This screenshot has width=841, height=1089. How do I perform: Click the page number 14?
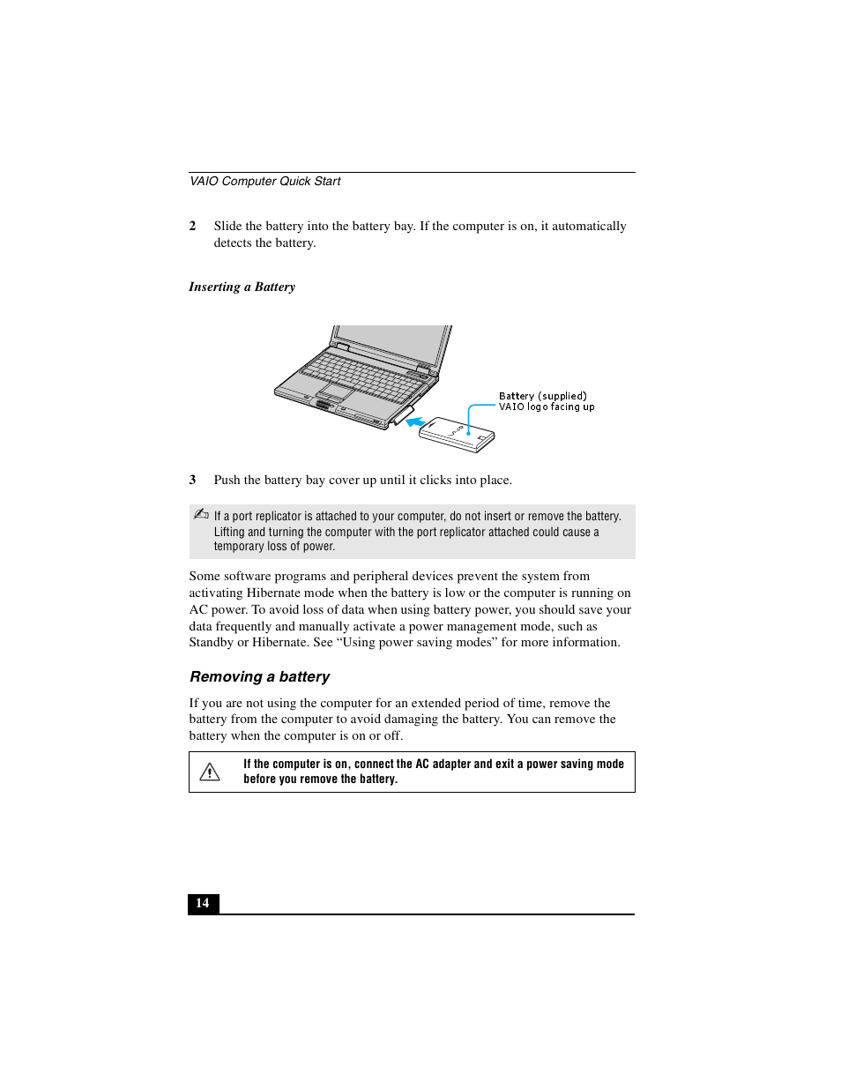click(203, 903)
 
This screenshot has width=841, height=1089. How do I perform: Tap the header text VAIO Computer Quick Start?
click(265, 181)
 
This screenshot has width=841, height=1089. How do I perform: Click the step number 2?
click(192, 226)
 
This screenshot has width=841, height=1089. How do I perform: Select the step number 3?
click(192, 480)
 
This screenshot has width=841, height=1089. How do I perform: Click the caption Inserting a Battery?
click(242, 287)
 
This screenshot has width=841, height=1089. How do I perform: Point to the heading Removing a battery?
click(260, 676)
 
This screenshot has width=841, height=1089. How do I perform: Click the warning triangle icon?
click(210, 772)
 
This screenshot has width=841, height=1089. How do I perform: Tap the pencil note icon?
click(201, 514)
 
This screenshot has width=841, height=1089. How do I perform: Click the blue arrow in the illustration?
click(415, 422)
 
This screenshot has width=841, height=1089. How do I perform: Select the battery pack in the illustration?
click(457, 433)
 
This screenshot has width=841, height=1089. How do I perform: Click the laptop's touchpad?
click(336, 391)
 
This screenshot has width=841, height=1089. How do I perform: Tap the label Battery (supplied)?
click(542, 396)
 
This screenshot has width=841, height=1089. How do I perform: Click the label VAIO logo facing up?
click(547, 407)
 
